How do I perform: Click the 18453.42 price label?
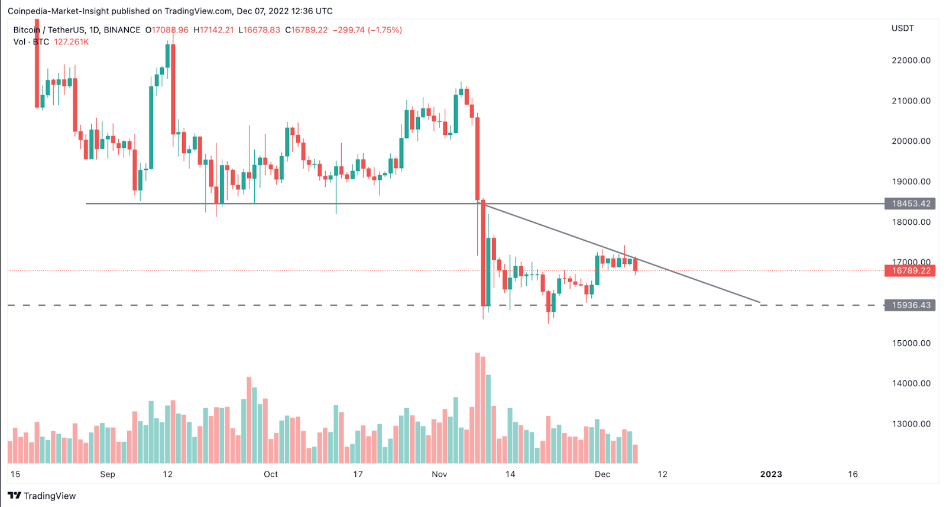point(911,204)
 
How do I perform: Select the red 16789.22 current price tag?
point(911,271)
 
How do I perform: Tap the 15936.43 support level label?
point(911,305)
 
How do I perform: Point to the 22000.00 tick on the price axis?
point(911,60)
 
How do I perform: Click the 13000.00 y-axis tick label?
point(911,424)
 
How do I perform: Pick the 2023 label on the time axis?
point(771,474)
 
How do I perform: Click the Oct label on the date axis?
point(271,474)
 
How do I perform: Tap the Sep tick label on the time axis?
point(108,474)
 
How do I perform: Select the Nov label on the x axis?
point(439,474)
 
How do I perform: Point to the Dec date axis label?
point(602,474)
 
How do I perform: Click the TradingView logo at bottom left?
point(41,496)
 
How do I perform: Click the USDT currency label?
point(902,28)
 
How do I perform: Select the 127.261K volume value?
point(71,42)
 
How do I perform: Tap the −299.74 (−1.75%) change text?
point(367,30)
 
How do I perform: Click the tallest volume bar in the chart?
point(477,408)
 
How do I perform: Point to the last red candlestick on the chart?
point(635,264)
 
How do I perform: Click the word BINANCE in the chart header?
point(122,30)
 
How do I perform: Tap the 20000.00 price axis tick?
point(911,141)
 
